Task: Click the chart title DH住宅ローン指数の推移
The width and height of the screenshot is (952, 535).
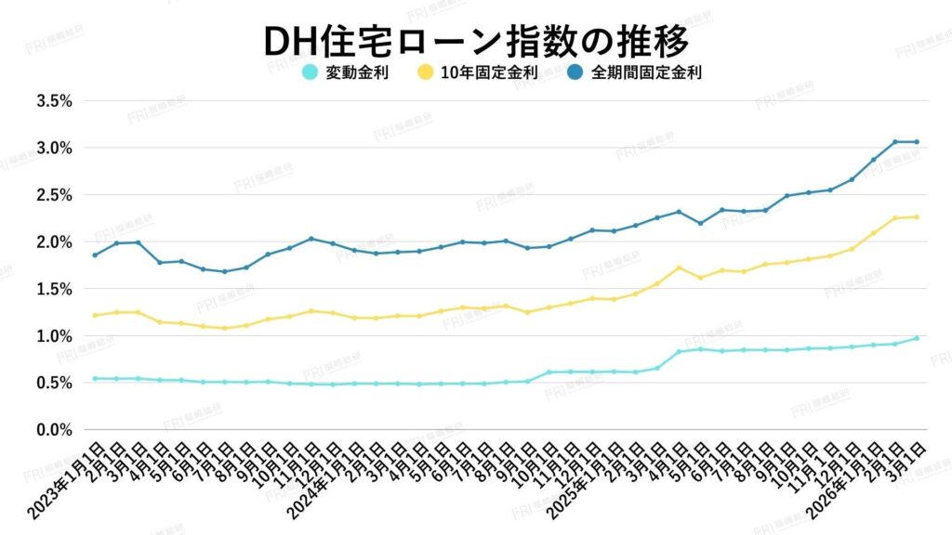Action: coord(475,40)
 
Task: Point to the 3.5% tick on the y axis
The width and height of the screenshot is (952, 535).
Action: coord(54,100)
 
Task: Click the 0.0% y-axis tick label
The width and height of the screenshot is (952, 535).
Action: coord(54,429)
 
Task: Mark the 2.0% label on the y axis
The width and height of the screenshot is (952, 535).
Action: coord(54,241)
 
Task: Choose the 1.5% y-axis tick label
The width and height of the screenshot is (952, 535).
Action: coord(54,289)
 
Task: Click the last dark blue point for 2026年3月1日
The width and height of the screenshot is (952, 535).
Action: coord(917,141)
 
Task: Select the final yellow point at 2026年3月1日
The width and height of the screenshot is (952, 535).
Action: coord(917,217)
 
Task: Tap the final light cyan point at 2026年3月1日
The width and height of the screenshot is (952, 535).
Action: coord(917,338)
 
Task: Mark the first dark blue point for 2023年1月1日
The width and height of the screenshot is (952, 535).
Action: coord(95,254)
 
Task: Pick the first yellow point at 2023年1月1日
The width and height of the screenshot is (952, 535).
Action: coord(95,315)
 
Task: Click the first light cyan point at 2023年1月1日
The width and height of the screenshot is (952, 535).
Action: coord(95,378)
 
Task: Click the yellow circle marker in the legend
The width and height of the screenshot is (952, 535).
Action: coord(425,72)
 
